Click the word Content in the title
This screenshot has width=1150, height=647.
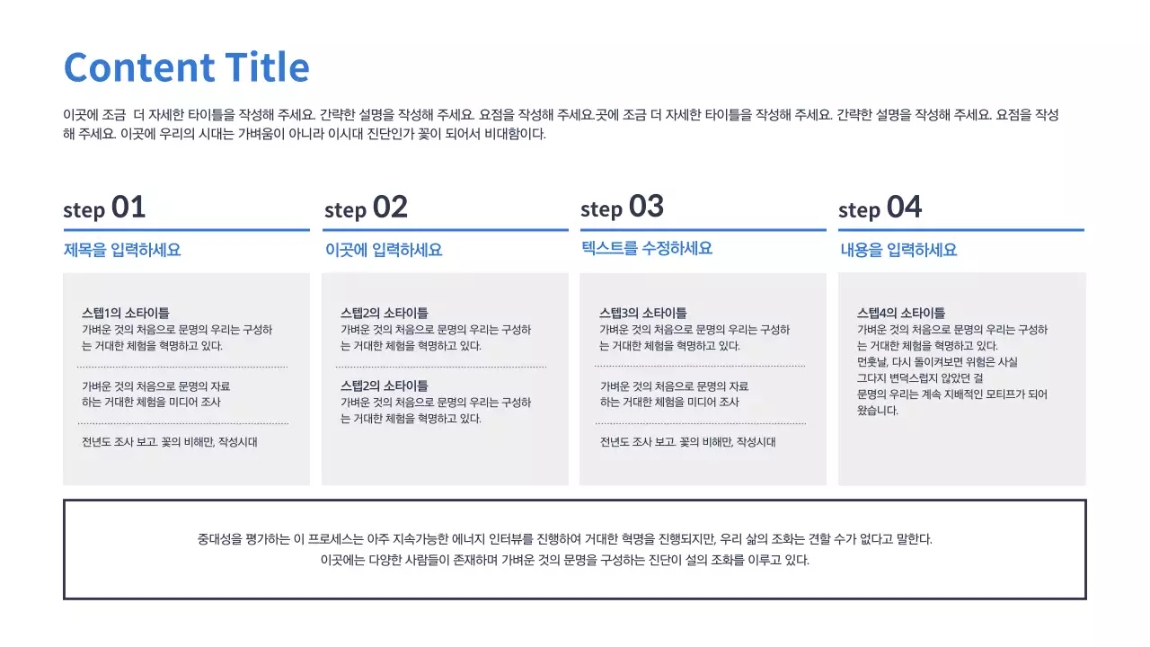[139, 67]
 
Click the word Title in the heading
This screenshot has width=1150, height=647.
[268, 66]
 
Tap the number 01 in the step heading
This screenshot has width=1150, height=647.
[128, 207]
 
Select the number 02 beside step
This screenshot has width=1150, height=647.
[390, 207]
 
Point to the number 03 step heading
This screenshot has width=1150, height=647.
[646, 206]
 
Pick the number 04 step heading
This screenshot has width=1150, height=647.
[905, 207]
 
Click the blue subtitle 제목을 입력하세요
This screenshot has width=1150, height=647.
[122, 250]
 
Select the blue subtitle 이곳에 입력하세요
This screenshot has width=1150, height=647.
[384, 250]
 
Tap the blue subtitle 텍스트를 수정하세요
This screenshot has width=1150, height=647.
[647, 249]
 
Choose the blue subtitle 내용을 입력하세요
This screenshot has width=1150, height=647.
[898, 250]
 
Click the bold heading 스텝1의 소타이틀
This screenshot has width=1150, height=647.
[126, 313]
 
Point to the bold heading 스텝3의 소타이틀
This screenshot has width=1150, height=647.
[642, 313]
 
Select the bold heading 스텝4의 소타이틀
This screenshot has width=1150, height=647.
[901, 313]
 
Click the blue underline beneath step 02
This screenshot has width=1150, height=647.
[446, 229]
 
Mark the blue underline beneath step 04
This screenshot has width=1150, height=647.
[961, 229]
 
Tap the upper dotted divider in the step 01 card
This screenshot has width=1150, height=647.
[182, 368]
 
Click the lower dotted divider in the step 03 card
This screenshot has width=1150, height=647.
[701, 423]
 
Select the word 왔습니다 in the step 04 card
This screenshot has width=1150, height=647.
[878, 411]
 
